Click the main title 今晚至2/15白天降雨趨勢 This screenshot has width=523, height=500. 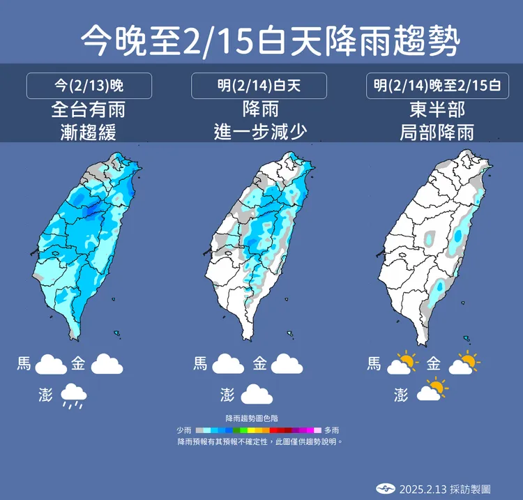[x=270, y=41]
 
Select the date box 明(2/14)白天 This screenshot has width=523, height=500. [x=259, y=86]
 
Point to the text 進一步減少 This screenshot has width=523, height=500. [x=259, y=132]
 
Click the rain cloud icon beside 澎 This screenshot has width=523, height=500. [x=74, y=395]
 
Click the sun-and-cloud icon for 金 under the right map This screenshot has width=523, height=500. [x=465, y=363]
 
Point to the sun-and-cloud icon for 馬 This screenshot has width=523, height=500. [x=402, y=363]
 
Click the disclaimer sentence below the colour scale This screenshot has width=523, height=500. [x=259, y=441]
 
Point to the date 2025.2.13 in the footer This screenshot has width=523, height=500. [x=423, y=489]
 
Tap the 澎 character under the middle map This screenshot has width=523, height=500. [x=227, y=395]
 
